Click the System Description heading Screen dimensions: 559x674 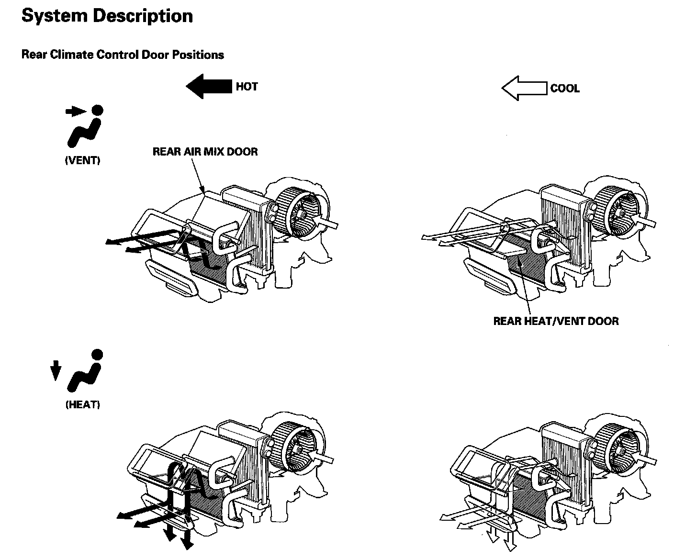[x=107, y=16]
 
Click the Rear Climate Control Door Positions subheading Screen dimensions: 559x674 [x=123, y=55]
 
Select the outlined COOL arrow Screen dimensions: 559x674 [x=524, y=89]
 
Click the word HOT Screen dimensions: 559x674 [x=247, y=87]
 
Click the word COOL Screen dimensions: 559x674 [x=565, y=89]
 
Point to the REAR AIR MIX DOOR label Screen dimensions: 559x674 [x=205, y=152]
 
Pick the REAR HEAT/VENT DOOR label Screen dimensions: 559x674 [x=556, y=321]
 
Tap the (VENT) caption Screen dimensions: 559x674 [x=83, y=161]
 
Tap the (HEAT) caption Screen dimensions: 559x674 [x=83, y=405]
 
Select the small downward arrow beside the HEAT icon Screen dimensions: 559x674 [x=56, y=370]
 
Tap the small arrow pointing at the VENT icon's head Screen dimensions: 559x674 [x=74, y=112]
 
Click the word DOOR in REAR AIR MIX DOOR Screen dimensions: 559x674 [x=243, y=152]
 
